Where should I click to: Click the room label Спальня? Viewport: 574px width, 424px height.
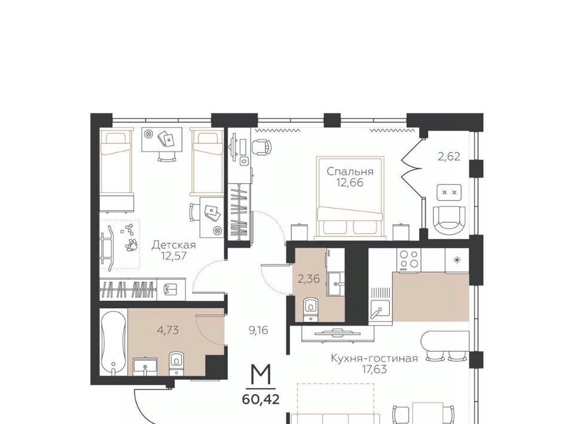(350, 171)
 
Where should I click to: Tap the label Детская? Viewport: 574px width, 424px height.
(174, 244)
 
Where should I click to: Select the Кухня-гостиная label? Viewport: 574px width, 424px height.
(374, 358)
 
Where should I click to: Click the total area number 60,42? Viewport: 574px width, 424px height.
(261, 399)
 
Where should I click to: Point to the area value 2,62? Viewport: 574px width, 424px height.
(449, 157)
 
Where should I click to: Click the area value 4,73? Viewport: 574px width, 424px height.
(167, 330)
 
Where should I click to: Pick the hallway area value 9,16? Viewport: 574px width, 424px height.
(258, 330)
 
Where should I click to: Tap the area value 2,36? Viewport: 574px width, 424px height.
(309, 279)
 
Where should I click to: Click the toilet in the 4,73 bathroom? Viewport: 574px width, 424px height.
(176, 363)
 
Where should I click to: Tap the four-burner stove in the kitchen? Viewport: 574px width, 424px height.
(409, 260)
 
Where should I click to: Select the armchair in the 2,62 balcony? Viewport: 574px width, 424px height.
(449, 220)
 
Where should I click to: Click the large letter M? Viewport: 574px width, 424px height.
(261, 376)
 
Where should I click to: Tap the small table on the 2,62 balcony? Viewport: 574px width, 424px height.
(449, 192)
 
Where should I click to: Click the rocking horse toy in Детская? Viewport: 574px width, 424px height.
(108, 245)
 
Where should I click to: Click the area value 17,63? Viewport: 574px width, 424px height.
(374, 370)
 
